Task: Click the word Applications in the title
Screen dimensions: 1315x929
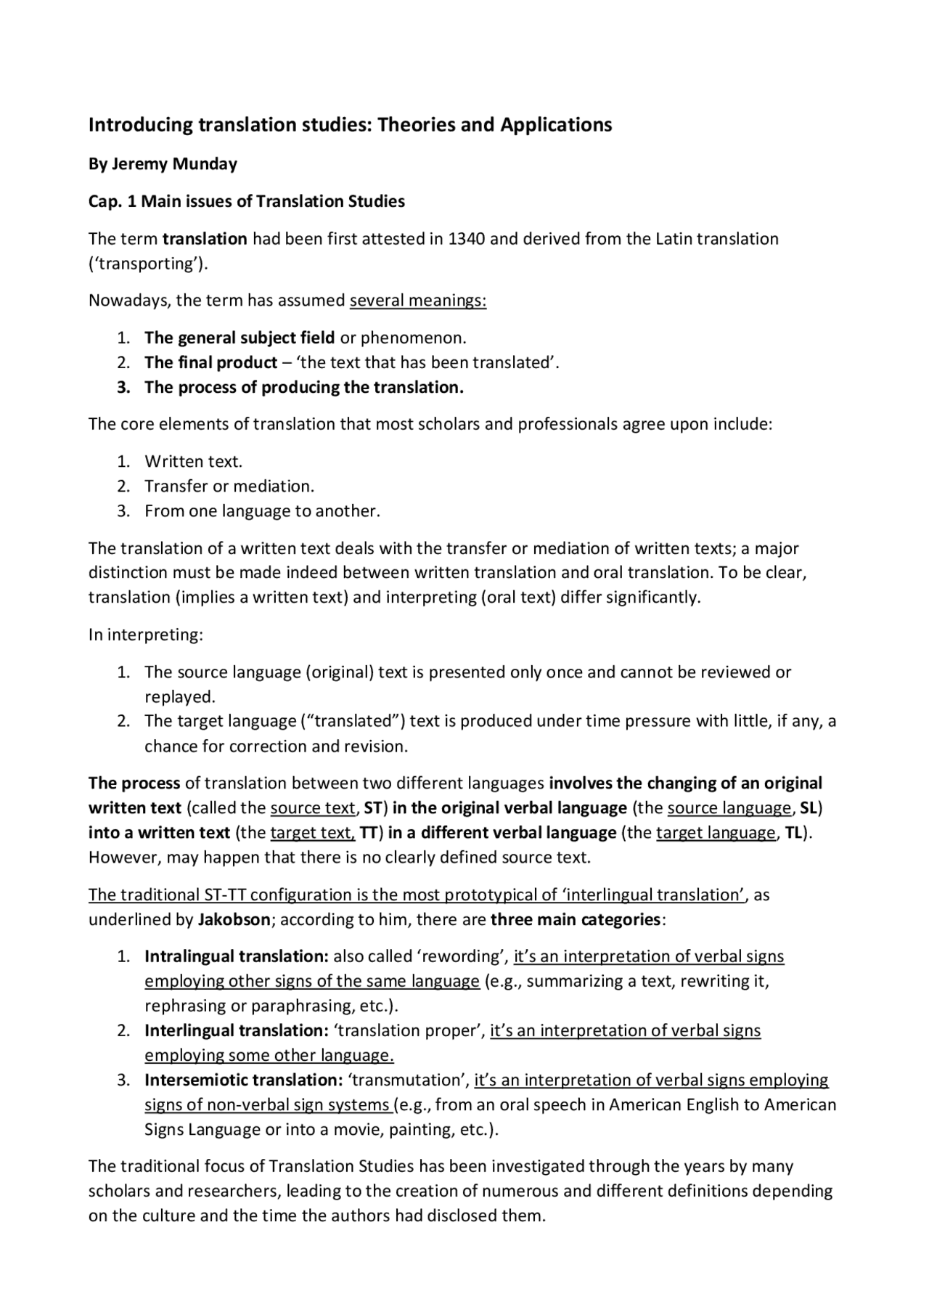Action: tap(555, 125)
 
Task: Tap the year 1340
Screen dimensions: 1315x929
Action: tap(467, 239)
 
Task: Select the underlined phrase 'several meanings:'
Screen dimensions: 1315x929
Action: tap(417, 301)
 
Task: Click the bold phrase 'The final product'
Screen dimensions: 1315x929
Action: tap(210, 362)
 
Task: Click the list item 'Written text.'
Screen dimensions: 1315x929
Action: tap(193, 461)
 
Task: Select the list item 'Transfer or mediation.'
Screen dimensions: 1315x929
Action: tap(229, 486)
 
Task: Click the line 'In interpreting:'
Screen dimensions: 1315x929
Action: tap(146, 635)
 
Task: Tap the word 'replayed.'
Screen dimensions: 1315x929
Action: tap(180, 696)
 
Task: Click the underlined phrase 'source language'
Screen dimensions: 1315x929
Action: tap(728, 808)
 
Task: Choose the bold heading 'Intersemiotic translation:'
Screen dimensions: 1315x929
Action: tap(243, 1080)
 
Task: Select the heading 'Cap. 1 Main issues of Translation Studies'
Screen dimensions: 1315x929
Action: tap(246, 201)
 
